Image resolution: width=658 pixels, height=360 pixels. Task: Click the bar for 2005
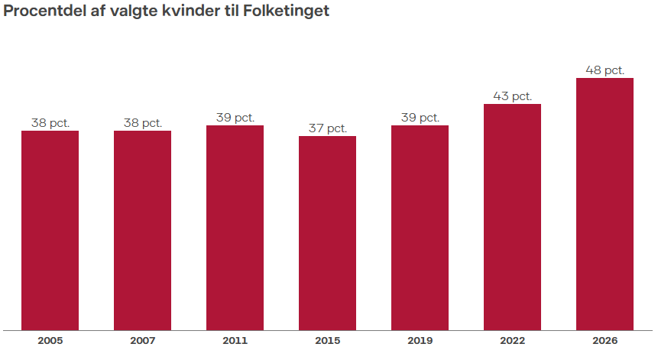tap(50, 230)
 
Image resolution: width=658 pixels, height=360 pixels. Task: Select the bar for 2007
tap(142, 230)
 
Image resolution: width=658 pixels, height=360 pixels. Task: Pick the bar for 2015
tap(327, 233)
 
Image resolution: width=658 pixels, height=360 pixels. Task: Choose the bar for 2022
tap(512, 217)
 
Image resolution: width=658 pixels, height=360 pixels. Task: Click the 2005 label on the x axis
tap(50, 341)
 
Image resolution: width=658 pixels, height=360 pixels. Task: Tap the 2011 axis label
tap(235, 341)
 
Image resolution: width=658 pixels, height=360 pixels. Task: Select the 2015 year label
tap(327, 341)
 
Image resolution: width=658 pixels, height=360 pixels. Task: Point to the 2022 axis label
tap(512, 341)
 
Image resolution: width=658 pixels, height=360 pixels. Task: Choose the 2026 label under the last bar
tap(605, 341)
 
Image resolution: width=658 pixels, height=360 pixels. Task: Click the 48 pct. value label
tap(605, 70)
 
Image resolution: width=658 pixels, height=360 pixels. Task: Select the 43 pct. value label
tap(512, 96)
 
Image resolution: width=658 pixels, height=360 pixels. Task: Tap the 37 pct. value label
tap(327, 128)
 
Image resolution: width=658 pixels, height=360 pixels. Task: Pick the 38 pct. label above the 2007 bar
tap(142, 123)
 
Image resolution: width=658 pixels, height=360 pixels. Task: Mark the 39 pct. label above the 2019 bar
tap(420, 118)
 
